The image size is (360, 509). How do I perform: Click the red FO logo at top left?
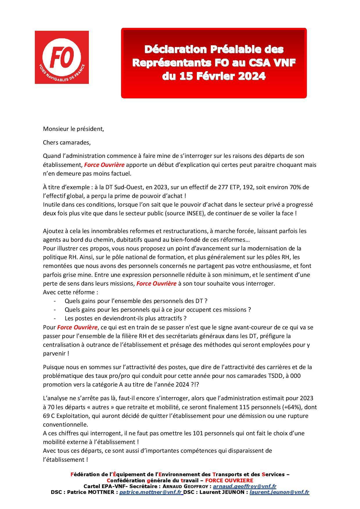[x=62, y=57]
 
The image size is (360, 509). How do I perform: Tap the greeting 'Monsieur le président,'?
[x=73, y=129]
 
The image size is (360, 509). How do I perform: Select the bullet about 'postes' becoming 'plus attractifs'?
[x=125, y=318]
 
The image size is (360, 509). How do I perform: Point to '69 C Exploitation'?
[x=66, y=416]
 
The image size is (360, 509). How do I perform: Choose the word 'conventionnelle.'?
[x=65, y=424]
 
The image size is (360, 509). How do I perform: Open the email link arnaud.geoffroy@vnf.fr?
[x=244, y=486]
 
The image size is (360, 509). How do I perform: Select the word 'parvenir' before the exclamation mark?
[x=54, y=354]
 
